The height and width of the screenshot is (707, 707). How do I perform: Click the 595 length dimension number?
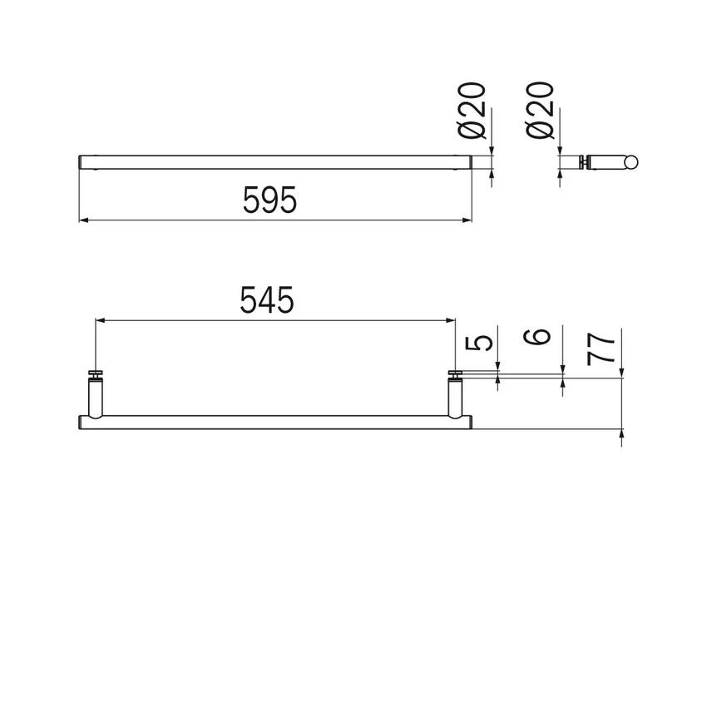269,200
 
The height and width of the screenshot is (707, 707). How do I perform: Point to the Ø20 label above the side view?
542,110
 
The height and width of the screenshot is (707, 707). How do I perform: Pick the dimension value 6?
541,337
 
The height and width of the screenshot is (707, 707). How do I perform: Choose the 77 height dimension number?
604,347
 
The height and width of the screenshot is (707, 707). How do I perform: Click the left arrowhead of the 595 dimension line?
82,220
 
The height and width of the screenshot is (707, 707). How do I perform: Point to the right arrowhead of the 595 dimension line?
468,220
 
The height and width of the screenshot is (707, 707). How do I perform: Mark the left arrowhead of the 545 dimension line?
99,319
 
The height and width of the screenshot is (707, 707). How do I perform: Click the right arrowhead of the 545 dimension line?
452,319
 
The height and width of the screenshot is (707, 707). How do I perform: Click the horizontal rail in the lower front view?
274,421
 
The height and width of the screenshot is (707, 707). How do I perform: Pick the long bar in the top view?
274,161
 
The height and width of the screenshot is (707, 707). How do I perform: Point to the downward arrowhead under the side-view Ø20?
560,151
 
